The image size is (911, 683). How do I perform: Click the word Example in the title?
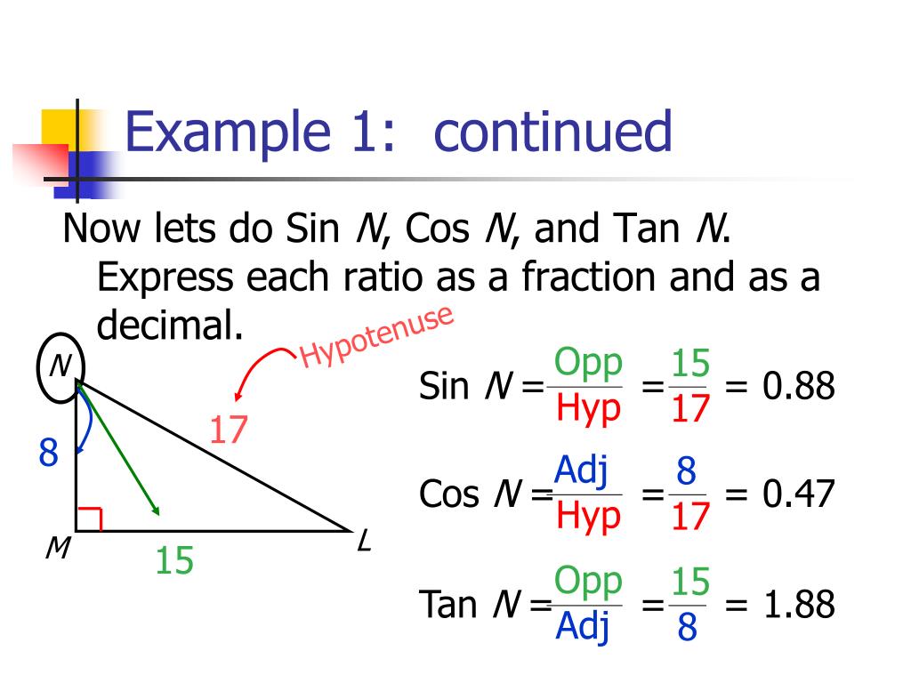pos(229,133)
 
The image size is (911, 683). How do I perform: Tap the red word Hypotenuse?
pos(377,336)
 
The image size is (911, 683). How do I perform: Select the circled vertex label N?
pos(60,366)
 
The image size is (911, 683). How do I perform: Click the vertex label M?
pos(58,550)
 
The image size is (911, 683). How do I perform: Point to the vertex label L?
pos(363,540)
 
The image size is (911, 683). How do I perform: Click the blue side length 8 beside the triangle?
pos(48,454)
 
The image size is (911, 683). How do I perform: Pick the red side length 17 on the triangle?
pos(228,431)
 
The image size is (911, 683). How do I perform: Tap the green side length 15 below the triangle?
pos(173,561)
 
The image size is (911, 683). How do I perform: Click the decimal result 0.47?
pos(799,494)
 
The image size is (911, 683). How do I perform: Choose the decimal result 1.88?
pos(799,606)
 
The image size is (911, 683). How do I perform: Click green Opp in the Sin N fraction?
pos(587,364)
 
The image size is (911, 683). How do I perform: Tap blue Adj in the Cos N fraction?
pos(581,471)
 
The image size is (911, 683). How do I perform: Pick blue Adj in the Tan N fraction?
pos(583,627)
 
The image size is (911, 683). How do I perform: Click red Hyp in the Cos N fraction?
pos(588,516)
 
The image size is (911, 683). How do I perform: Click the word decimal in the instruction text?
pos(169,326)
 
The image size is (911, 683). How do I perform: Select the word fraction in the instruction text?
pos(588,277)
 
